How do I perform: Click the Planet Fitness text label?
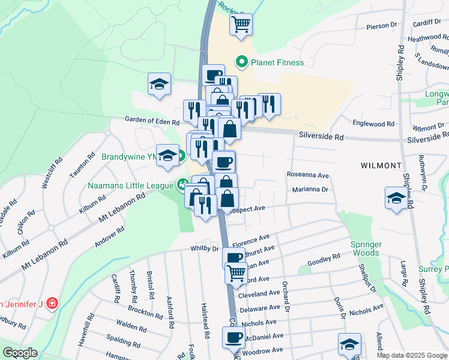tap(278, 62)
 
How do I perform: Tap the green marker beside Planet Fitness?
tap(242, 62)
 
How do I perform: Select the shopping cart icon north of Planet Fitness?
tap(241, 25)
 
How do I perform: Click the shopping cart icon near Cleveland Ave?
tap(237, 274)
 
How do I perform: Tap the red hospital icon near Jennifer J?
tap(52, 303)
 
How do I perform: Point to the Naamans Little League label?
tap(130, 185)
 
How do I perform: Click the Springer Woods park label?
tap(365, 248)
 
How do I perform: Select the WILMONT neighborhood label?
tap(381, 165)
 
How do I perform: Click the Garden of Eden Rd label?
tap(152, 121)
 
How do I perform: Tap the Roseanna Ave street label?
tap(309, 176)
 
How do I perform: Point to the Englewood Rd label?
tap(373, 124)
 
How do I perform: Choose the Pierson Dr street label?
tap(382, 26)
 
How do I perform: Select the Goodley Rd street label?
tap(324, 259)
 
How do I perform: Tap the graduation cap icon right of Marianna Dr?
tap(396, 198)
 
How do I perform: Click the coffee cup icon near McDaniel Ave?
tap(233, 337)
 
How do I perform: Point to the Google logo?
tap(20, 353)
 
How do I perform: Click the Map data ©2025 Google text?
tap(412, 355)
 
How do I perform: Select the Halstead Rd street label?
tap(205, 328)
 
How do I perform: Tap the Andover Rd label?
tap(109, 237)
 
